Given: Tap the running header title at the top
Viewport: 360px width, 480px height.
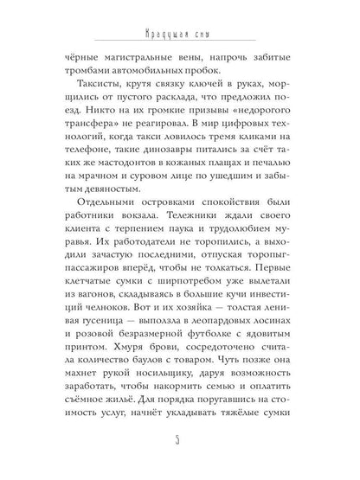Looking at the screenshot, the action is tap(179, 35).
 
